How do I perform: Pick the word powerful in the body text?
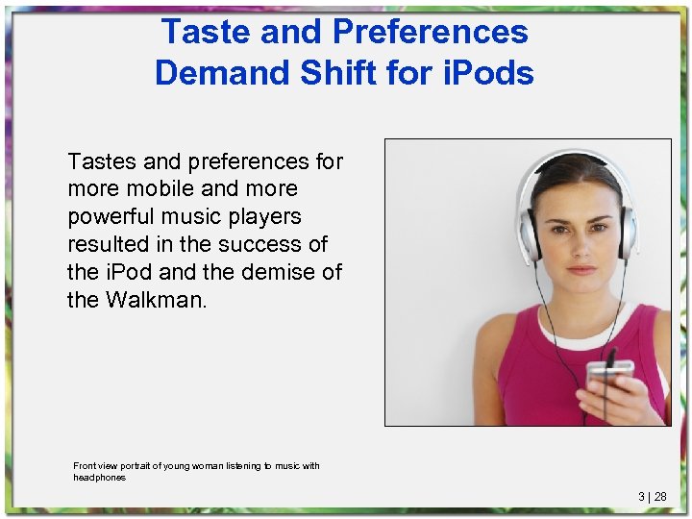(x=111, y=216)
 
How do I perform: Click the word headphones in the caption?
(x=100, y=477)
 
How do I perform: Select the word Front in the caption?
(x=86, y=466)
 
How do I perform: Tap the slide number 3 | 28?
(x=653, y=497)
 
